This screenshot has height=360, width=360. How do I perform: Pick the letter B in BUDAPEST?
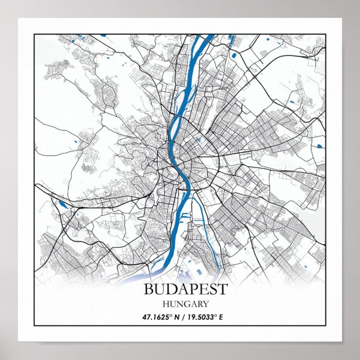[x=149, y=290]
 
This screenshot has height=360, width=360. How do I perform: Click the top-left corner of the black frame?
[x=34, y=34]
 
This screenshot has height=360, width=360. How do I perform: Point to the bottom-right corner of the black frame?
[x=325, y=325]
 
